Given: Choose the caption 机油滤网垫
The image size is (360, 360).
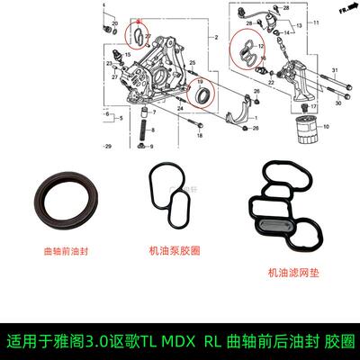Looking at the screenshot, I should click(290, 270).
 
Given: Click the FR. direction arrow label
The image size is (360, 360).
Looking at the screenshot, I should click(343, 9).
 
